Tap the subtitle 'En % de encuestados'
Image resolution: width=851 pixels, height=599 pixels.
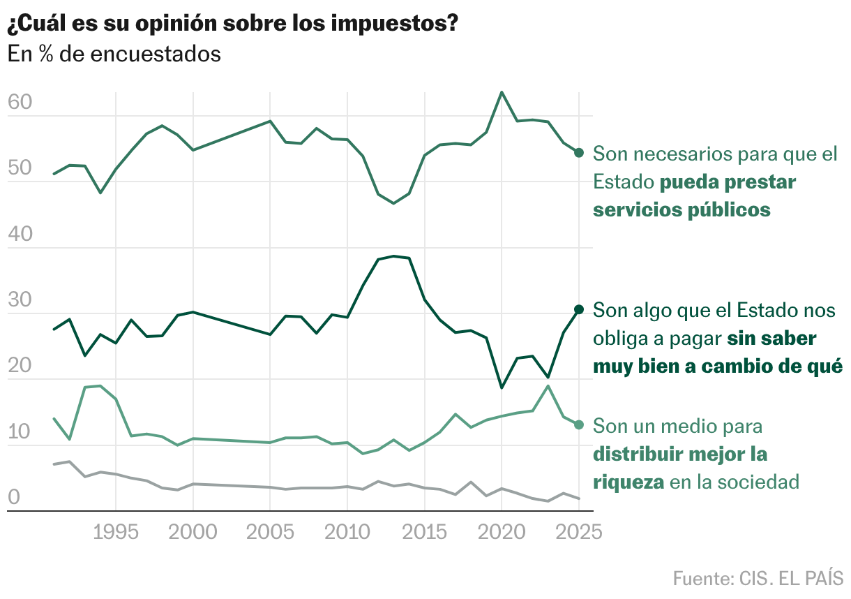114,54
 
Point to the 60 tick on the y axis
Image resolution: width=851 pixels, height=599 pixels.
20,103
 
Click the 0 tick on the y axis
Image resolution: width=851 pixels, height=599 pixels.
13,498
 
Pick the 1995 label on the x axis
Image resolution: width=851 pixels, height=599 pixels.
115,533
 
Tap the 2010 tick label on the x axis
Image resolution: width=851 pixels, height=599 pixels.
347,533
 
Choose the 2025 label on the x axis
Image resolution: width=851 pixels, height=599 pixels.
578,533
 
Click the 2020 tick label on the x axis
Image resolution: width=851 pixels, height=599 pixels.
501,533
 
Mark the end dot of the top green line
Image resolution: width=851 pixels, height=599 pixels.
579,153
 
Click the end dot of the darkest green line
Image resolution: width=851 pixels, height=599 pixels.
579,309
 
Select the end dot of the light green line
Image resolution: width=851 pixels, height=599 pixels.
579,424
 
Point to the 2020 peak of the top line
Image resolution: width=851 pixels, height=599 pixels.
502,92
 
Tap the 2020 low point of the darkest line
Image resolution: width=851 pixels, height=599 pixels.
502,387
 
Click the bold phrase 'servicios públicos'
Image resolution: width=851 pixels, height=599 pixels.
681,209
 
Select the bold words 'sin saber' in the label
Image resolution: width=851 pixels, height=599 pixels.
771,339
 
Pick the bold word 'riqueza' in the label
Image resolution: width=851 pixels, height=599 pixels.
628,482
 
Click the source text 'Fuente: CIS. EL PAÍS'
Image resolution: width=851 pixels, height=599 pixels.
758,578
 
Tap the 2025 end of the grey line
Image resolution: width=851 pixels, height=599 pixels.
579,498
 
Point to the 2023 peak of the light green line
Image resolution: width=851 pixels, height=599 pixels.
548,385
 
